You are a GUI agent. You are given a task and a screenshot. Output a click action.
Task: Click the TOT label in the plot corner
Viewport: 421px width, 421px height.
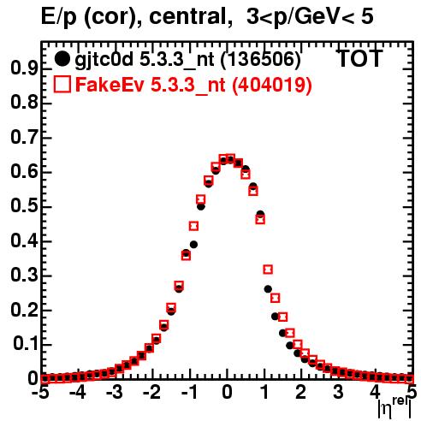359,58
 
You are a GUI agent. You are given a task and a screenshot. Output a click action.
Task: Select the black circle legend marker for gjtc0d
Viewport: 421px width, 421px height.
62,59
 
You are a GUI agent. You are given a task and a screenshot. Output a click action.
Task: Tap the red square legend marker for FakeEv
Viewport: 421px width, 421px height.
62,85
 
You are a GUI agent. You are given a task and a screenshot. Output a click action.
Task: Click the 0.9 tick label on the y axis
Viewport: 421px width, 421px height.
24,68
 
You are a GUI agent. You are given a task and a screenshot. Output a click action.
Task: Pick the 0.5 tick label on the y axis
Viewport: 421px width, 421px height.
24,206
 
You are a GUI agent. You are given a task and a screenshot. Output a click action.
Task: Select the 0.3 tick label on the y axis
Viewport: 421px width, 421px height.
24,276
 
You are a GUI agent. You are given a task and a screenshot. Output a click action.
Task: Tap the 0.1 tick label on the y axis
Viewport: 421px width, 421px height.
25,345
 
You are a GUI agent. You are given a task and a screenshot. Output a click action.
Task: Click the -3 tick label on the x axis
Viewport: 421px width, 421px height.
114,393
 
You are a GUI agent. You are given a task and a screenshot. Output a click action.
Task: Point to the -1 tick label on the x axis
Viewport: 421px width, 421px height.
189,393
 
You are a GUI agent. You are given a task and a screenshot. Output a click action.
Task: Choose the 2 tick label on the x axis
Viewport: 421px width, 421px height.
301,393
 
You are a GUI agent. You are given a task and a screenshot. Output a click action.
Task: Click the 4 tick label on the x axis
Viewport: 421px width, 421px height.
375,393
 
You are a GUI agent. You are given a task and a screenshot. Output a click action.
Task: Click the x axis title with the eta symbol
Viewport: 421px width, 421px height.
394,408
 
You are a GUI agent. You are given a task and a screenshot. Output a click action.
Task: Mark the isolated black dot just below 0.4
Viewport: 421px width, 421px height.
193,245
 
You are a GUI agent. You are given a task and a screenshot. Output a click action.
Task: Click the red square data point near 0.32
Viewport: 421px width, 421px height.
268,270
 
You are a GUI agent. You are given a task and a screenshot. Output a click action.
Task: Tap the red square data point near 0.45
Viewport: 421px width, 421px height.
193,226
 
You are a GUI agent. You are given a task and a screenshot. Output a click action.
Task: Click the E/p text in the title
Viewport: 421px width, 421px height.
59,17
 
